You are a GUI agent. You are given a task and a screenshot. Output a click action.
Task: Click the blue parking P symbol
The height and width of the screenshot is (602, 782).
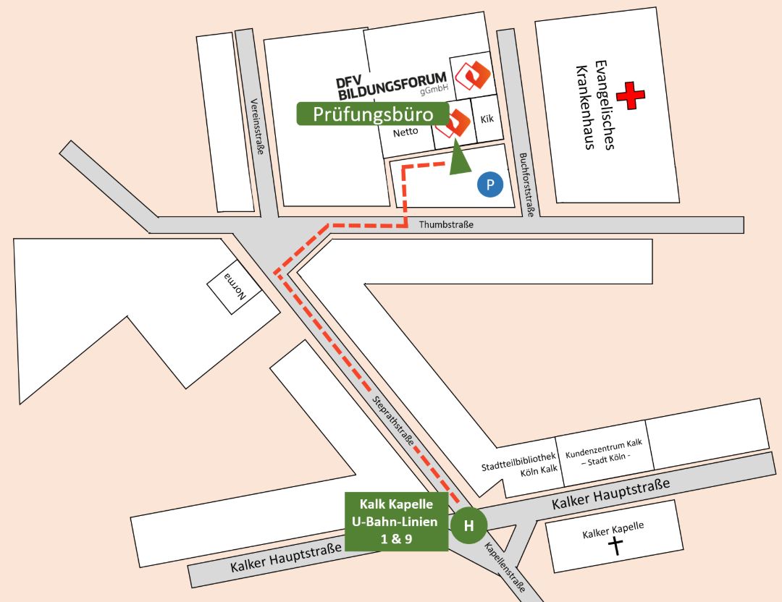coord(490,185)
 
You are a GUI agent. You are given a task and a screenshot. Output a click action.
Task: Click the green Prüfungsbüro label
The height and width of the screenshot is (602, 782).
coord(373,114)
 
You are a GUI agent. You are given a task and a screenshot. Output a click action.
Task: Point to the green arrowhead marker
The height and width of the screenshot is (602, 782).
coord(458,159)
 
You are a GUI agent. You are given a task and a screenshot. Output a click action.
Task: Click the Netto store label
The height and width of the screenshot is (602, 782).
coord(406,133)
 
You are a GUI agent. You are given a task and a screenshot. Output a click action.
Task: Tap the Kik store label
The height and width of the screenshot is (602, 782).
coord(487,118)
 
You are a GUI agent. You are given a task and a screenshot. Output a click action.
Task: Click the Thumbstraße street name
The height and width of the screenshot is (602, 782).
coord(446,225)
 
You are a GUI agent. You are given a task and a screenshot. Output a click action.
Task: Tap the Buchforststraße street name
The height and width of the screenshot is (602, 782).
coord(527,185)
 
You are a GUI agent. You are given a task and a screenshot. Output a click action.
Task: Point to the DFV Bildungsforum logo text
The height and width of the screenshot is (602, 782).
coord(391,84)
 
